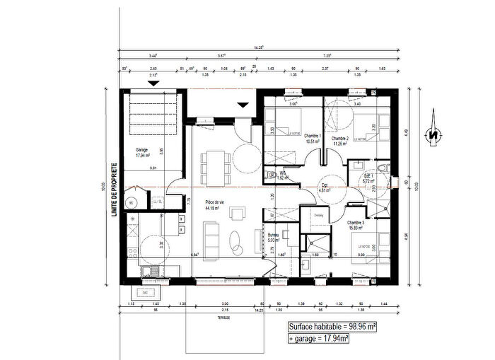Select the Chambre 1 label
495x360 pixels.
[312, 139]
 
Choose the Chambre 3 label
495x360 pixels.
[356, 225]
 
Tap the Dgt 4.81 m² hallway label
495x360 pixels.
[325, 187]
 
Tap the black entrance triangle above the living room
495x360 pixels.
[243, 105]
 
